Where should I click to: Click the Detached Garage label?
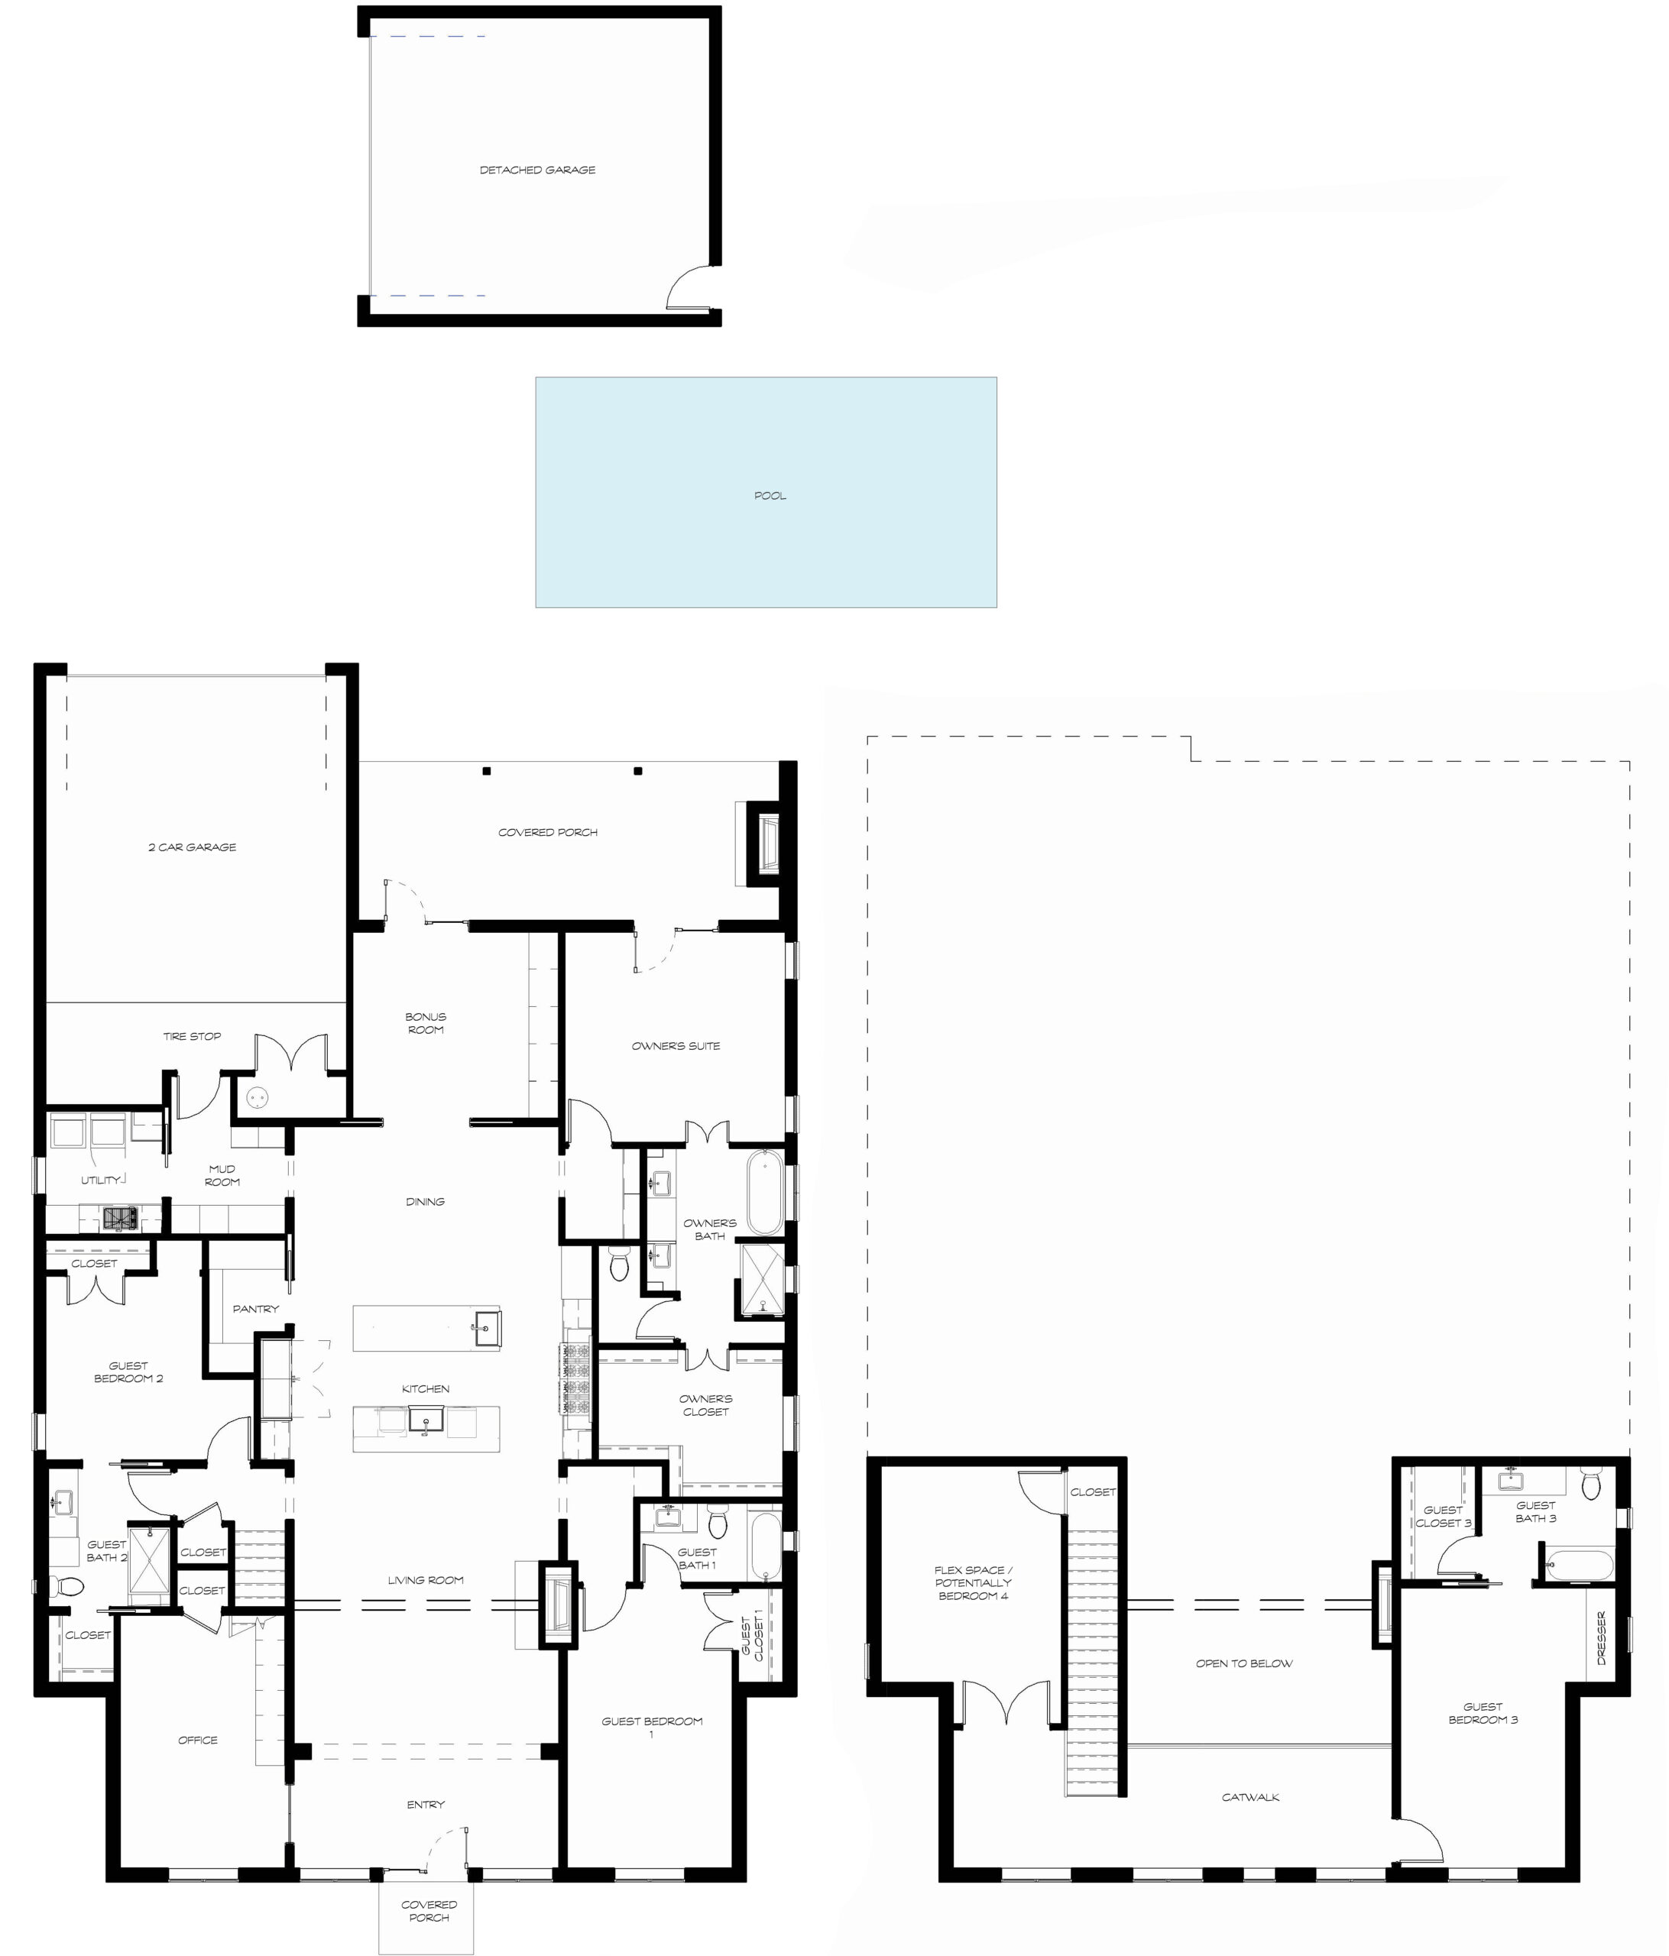coord(537,170)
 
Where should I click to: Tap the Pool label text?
coord(770,496)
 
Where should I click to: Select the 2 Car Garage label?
coord(193,847)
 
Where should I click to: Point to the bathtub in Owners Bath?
coord(765,1191)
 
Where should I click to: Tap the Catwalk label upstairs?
coord(1251,1796)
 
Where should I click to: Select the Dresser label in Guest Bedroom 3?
coord(1601,1638)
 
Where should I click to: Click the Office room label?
coord(198,1740)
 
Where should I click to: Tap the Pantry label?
coord(256,1308)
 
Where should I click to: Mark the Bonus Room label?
coord(426,1023)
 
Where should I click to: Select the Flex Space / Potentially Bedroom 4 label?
coord(974,1583)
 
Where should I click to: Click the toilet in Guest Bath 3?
coord(1590,1483)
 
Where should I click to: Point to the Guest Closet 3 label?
coord(1444,1516)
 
